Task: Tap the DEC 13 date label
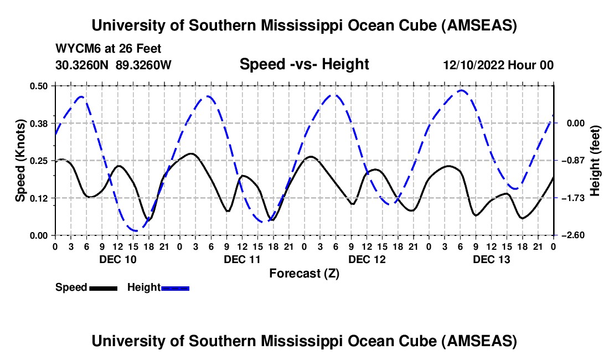491,259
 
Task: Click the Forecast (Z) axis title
304,273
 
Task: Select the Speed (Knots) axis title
20,161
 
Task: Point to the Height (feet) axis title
595,161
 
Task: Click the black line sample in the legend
103,287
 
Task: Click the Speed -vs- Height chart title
304,64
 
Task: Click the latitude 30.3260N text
82,65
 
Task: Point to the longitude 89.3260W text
144,65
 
